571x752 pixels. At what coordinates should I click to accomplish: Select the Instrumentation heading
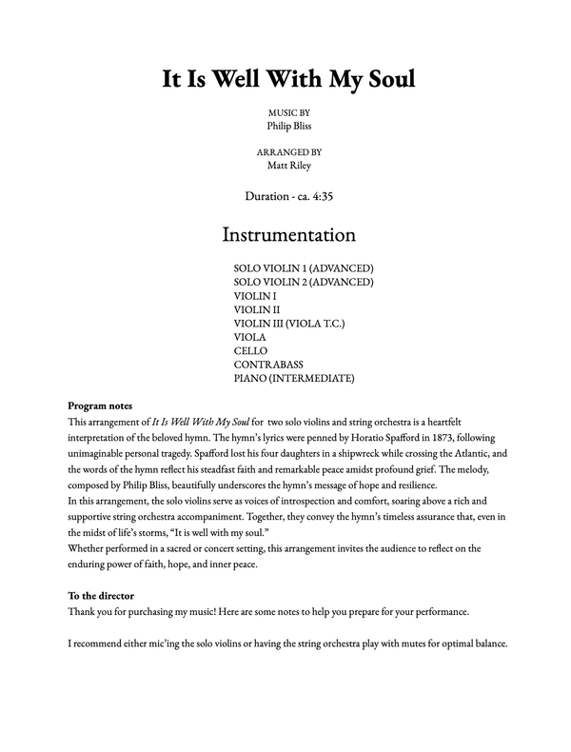[288, 234]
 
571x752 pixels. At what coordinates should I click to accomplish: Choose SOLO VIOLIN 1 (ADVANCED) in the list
[304, 267]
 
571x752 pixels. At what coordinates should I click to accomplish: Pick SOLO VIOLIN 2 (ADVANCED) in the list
[304, 282]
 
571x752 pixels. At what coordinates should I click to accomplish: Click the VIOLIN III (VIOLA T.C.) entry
[289, 324]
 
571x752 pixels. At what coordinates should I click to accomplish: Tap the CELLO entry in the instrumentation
[250, 351]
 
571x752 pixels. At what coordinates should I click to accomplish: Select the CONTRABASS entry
[269, 365]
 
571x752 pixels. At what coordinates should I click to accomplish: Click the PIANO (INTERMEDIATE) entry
[293, 379]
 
